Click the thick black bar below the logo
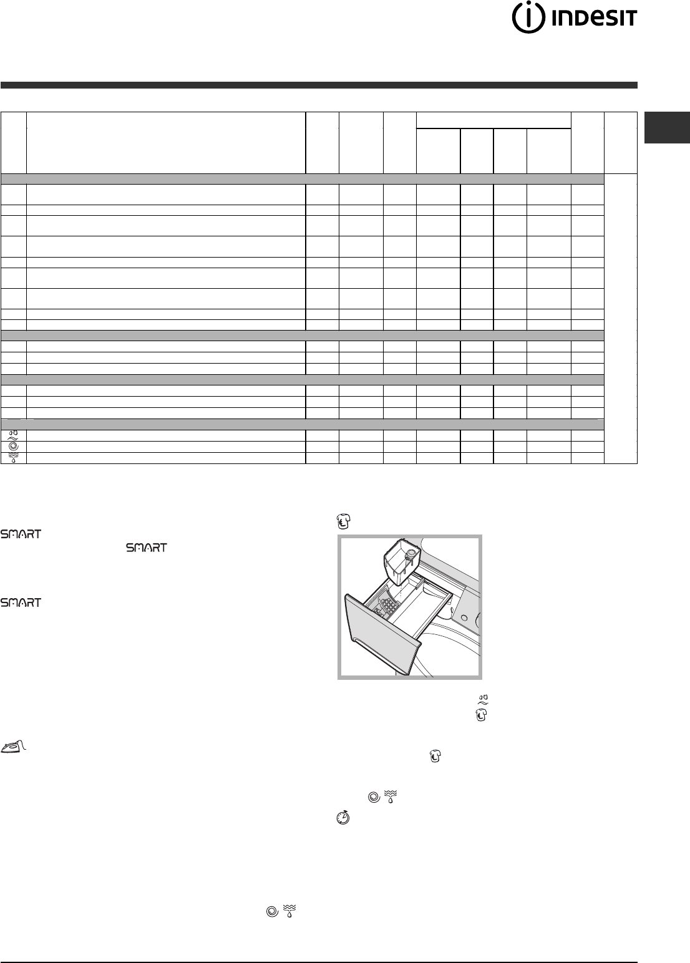tap(319, 85)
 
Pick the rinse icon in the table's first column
tap(13, 435)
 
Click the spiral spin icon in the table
tap(13, 447)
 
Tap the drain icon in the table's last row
tap(13, 458)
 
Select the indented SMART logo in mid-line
tap(147, 548)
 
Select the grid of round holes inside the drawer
tap(389, 604)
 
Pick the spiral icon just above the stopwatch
tap(374, 798)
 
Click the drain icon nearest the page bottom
tap(289, 911)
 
